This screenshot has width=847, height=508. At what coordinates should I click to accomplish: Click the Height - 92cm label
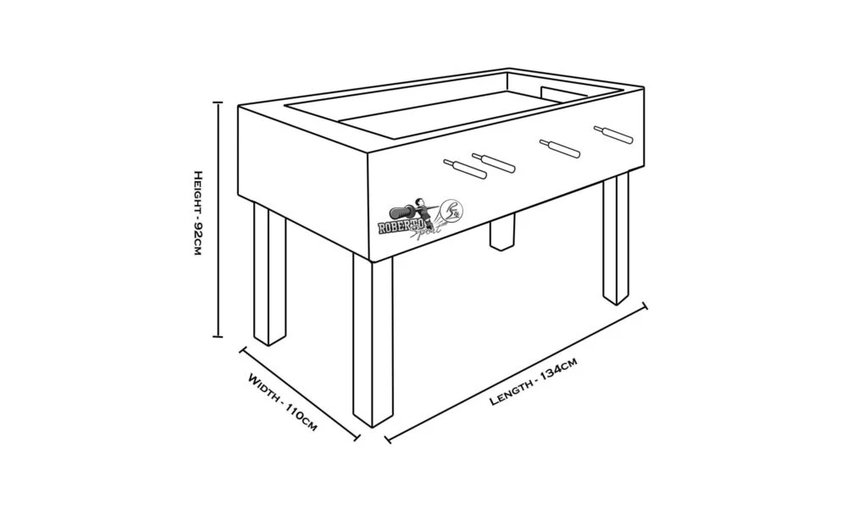[197, 213]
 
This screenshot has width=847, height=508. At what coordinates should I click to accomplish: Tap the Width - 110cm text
[282, 402]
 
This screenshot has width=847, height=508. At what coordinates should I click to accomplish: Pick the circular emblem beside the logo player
[452, 211]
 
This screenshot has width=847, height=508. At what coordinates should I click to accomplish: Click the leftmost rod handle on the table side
[464, 169]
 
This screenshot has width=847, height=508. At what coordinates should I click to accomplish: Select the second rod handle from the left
[493, 163]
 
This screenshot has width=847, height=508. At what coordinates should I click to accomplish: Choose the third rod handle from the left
[560, 148]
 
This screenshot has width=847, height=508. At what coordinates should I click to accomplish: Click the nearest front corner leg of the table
[373, 341]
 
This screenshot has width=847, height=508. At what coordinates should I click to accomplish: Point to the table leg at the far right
[617, 239]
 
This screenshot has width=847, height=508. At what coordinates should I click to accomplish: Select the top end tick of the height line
[219, 102]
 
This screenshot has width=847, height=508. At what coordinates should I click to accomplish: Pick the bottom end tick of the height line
[219, 337]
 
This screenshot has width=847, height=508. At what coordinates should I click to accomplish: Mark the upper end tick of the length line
[644, 306]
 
